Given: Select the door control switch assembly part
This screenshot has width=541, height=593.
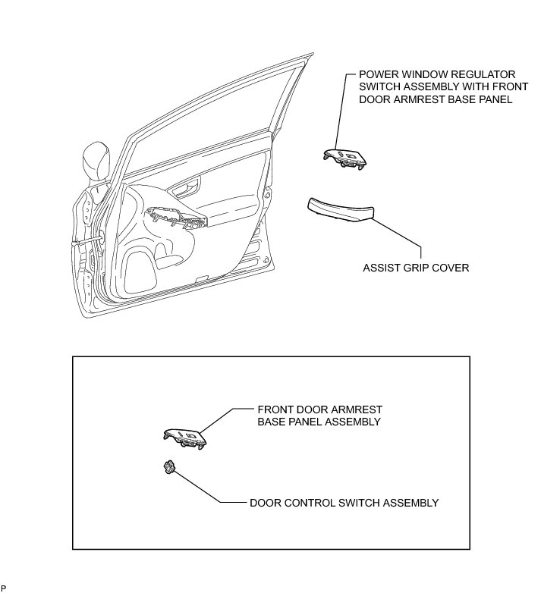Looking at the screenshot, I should [169, 468].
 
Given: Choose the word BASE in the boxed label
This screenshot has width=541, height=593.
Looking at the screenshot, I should [272, 421].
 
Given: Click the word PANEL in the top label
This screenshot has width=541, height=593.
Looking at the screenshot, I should [485, 99].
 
